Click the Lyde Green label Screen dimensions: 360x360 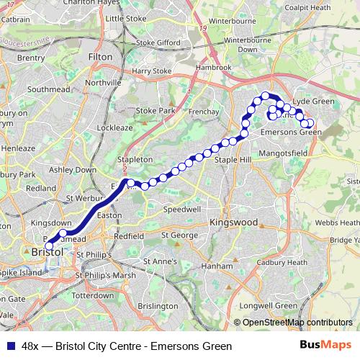315,102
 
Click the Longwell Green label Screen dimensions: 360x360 268,306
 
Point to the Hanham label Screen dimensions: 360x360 217,266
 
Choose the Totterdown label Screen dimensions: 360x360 93,296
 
